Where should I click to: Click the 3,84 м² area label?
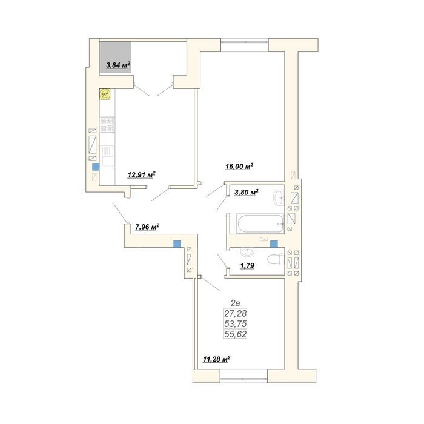coord(119,65)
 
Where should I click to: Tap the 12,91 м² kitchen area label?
coord(142,174)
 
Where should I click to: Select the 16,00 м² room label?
coord(239,166)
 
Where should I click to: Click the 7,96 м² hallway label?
coord(147,227)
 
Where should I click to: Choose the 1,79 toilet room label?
coord(247,266)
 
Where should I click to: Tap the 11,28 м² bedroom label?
coord(217,359)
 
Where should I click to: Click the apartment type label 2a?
coord(235,303)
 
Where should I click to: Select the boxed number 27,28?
coord(235,313)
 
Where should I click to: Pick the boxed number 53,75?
coord(235,323)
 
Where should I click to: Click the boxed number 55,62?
coord(235,334)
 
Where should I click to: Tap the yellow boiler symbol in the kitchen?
coord(105,94)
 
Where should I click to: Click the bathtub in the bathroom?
coord(260,224)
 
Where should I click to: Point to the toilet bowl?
coord(276,260)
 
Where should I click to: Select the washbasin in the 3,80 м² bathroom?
coord(279,197)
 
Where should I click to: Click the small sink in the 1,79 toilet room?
coord(247,252)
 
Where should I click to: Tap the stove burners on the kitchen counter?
coord(107,124)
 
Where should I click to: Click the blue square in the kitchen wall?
coord(96,167)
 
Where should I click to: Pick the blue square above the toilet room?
coord(274,244)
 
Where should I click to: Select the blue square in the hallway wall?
coord(177,244)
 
